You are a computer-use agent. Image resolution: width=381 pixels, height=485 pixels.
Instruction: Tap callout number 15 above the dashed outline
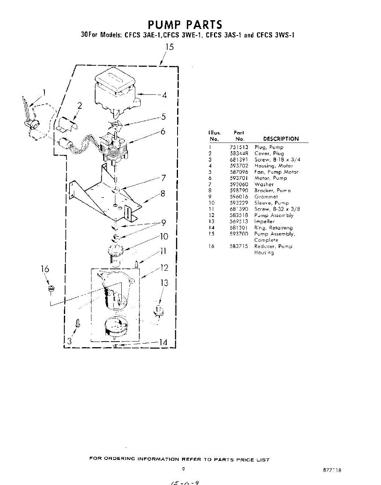(169, 47)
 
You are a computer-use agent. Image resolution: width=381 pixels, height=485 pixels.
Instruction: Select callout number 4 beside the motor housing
(164, 95)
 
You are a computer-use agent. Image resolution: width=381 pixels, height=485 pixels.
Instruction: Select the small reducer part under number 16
(51, 288)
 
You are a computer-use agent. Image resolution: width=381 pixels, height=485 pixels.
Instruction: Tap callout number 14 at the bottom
(163, 343)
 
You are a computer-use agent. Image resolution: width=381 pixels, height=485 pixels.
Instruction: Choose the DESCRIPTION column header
(281, 139)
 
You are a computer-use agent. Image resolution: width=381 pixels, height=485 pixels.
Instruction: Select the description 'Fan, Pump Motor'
(276, 172)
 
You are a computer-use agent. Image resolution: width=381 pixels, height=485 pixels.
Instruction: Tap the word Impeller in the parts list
(264, 221)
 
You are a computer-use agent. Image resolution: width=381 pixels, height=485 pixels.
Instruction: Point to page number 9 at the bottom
(183, 469)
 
